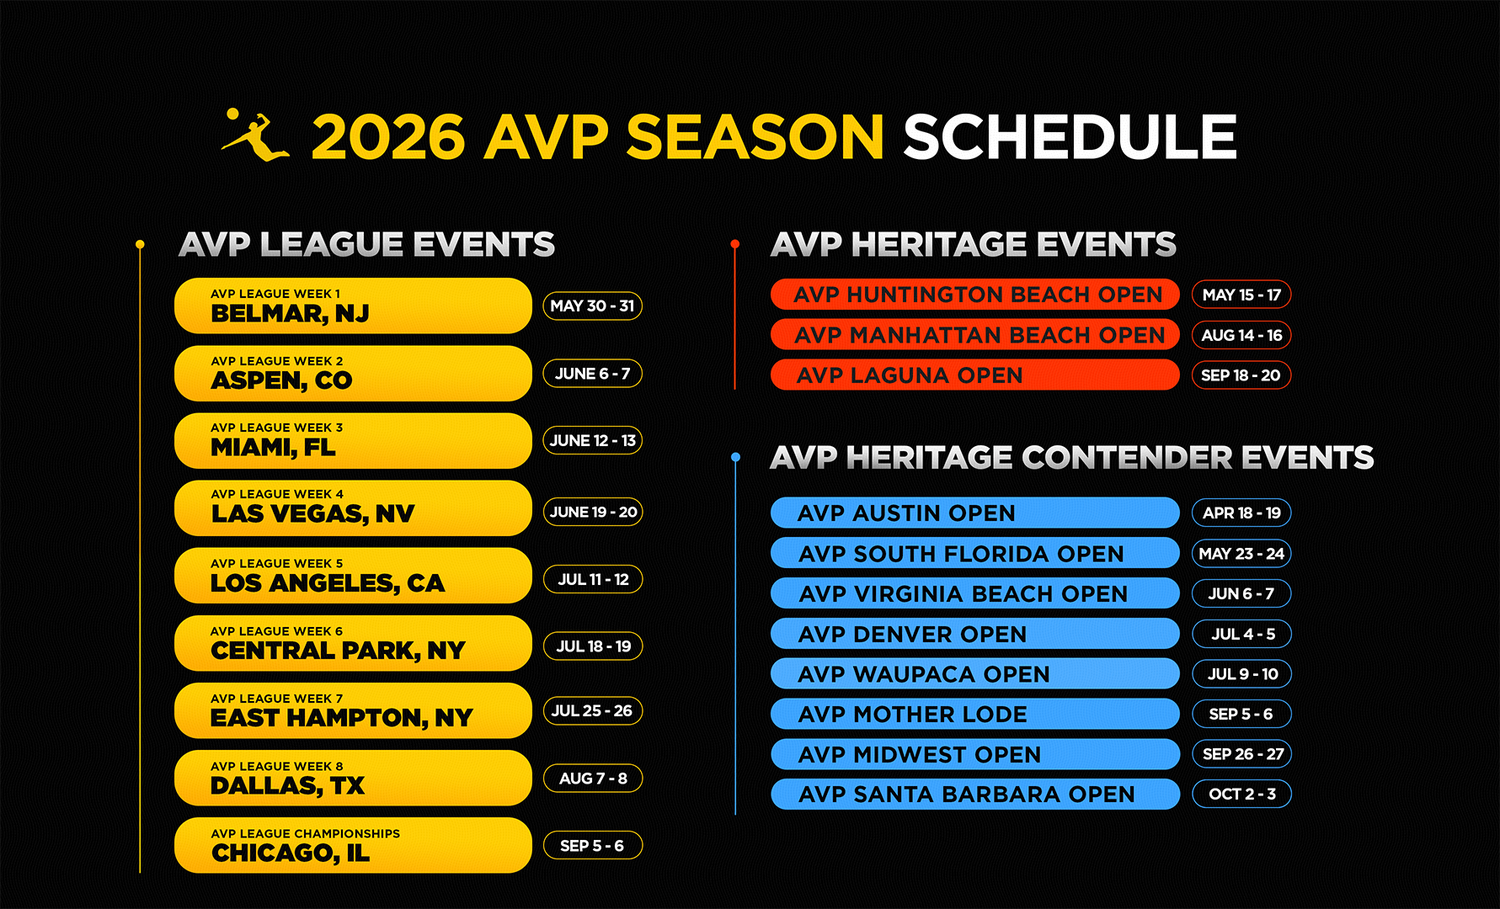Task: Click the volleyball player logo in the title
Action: [256, 135]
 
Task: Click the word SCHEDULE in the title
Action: [1070, 137]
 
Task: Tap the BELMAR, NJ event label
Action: [290, 313]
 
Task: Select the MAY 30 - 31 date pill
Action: [592, 306]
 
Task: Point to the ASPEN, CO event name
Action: [281, 380]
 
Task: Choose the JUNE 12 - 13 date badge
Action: [592, 440]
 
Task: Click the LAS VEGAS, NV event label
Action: [312, 513]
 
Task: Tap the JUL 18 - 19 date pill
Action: [593, 646]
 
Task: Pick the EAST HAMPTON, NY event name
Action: [341, 718]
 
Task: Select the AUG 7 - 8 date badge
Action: [593, 779]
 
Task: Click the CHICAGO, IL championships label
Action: [291, 853]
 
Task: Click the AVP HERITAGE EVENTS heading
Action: [973, 245]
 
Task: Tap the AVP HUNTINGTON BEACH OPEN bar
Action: [975, 295]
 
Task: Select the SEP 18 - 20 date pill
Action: [1241, 375]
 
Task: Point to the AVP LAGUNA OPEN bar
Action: [975, 375]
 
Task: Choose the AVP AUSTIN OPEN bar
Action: [975, 513]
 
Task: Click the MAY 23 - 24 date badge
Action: [1241, 554]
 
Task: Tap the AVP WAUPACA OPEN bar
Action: [975, 673]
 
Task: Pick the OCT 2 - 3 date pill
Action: [1241, 794]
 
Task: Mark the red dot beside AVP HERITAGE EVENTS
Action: [735, 244]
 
